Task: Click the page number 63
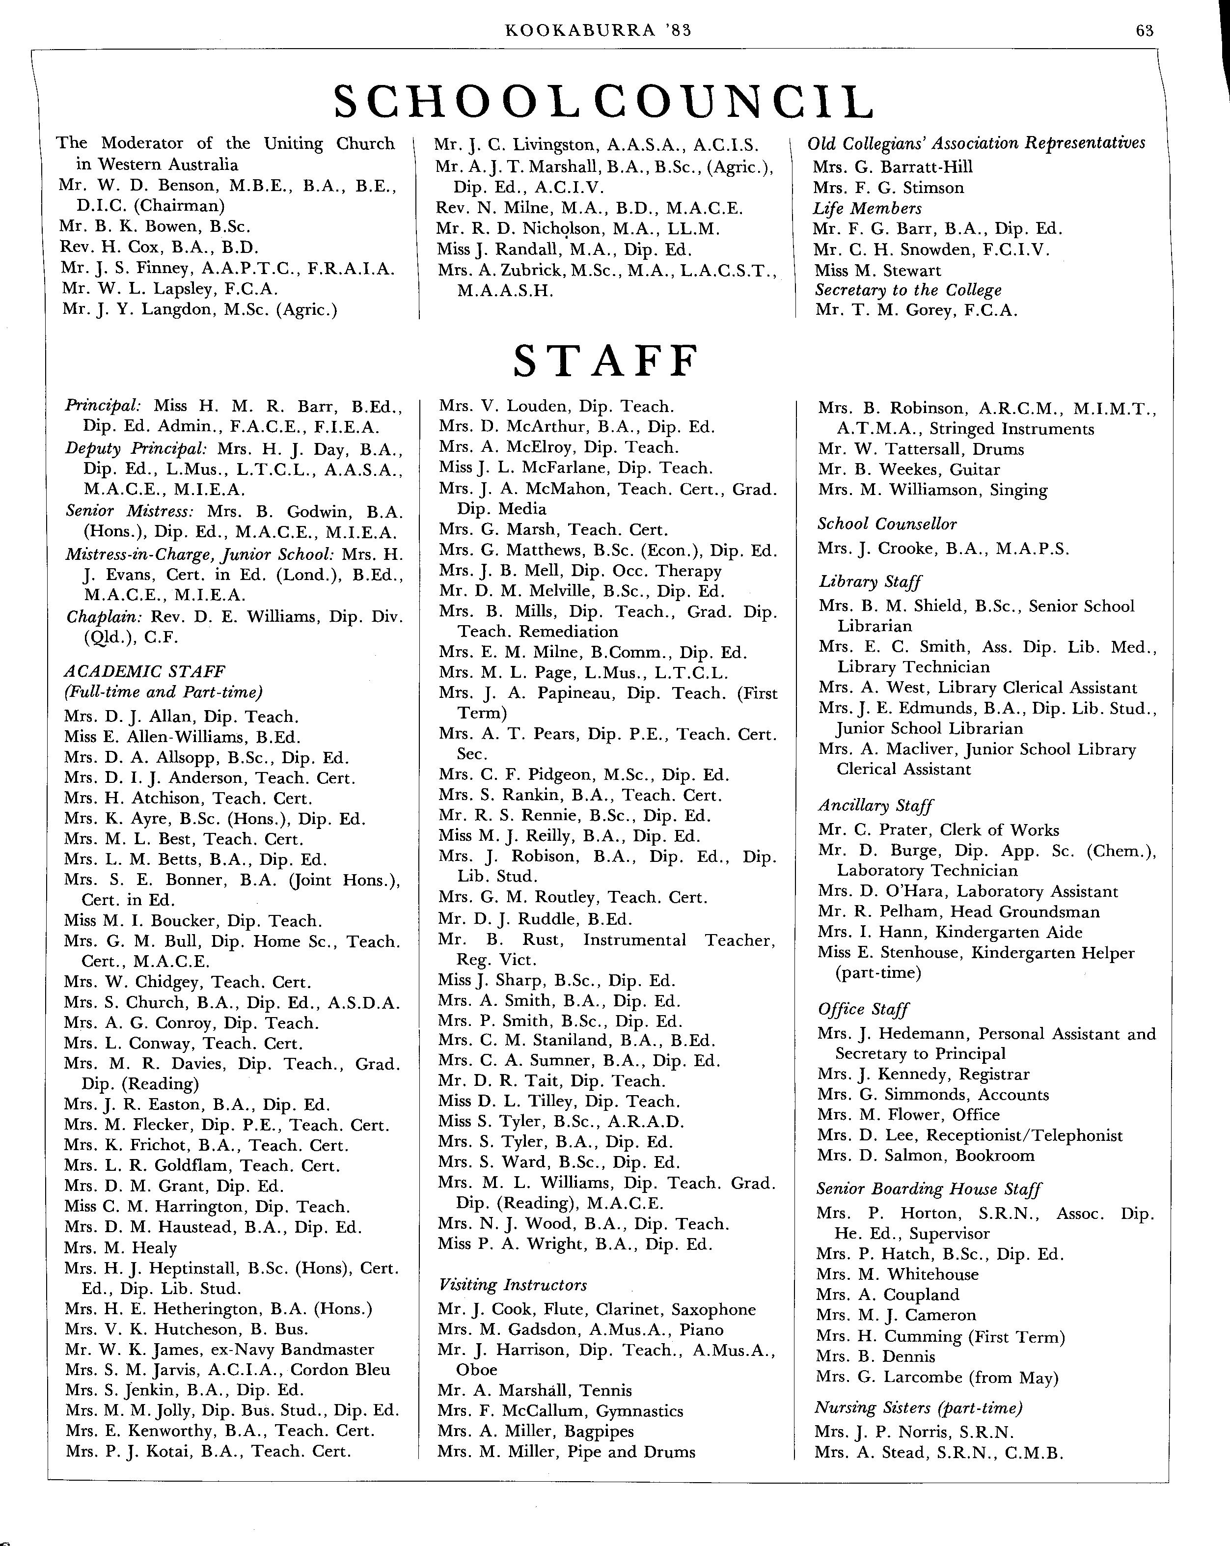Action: coord(1144,29)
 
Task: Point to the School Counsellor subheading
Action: coord(887,524)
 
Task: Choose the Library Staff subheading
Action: coord(870,581)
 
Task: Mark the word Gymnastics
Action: coord(640,1411)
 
